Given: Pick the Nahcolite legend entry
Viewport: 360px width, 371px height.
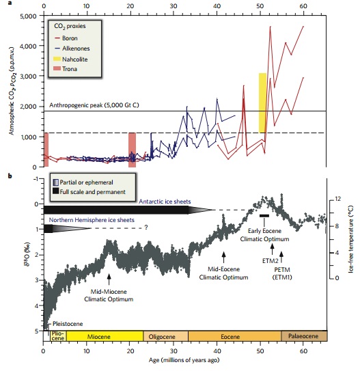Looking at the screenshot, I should (x=76, y=58).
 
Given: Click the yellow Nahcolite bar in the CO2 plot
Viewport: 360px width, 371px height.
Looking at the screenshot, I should (x=262, y=102).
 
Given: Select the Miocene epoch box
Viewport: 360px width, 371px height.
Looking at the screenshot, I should (x=104, y=336).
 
